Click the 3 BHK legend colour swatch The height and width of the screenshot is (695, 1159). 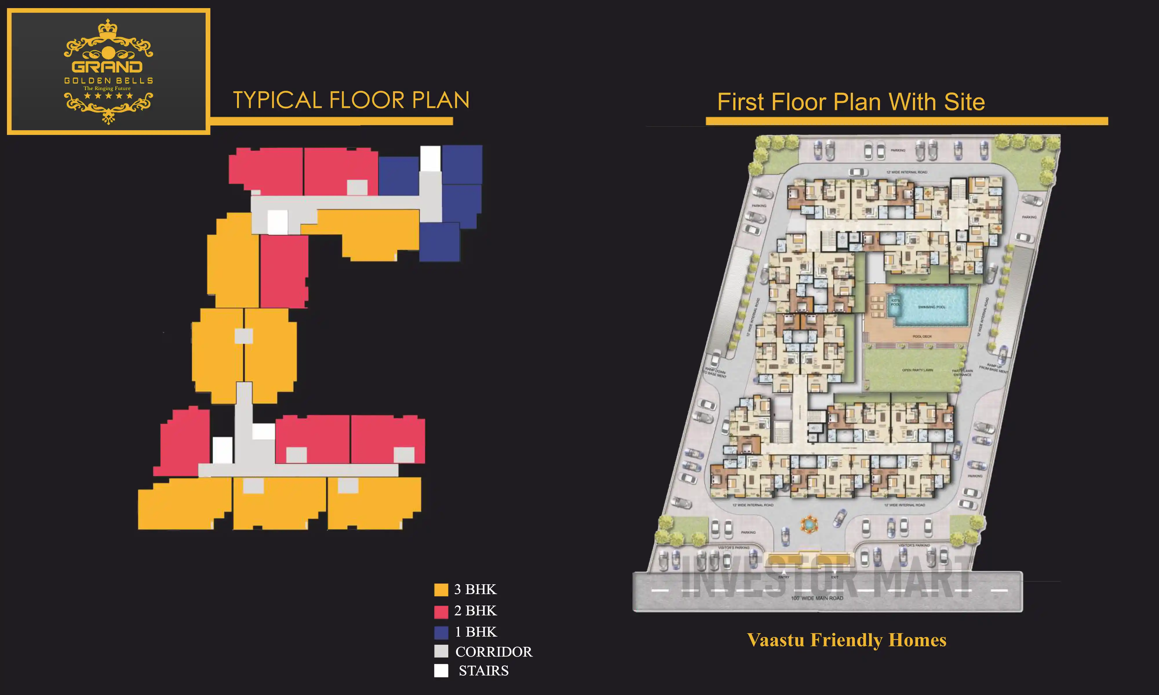(441, 590)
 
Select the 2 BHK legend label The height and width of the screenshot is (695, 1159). (475, 611)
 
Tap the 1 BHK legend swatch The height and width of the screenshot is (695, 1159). (441, 632)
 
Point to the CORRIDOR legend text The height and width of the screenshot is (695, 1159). (493, 652)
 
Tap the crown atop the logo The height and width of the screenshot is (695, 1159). (108, 28)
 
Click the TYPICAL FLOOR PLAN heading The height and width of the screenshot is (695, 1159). (351, 100)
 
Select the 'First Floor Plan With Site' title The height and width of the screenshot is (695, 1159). (851, 102)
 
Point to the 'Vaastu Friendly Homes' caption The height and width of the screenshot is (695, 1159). (847, 640)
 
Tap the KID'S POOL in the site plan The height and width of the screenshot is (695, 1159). (895, 303)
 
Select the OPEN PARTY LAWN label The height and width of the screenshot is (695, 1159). (917, 370)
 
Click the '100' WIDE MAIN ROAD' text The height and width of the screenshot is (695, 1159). (817, 598)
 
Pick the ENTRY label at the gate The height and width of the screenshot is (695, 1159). (784, 577)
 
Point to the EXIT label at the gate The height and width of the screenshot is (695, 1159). (835, 577)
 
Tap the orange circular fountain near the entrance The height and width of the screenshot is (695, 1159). (809, 524)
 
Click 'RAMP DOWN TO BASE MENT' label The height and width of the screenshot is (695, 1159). (715, 373)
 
